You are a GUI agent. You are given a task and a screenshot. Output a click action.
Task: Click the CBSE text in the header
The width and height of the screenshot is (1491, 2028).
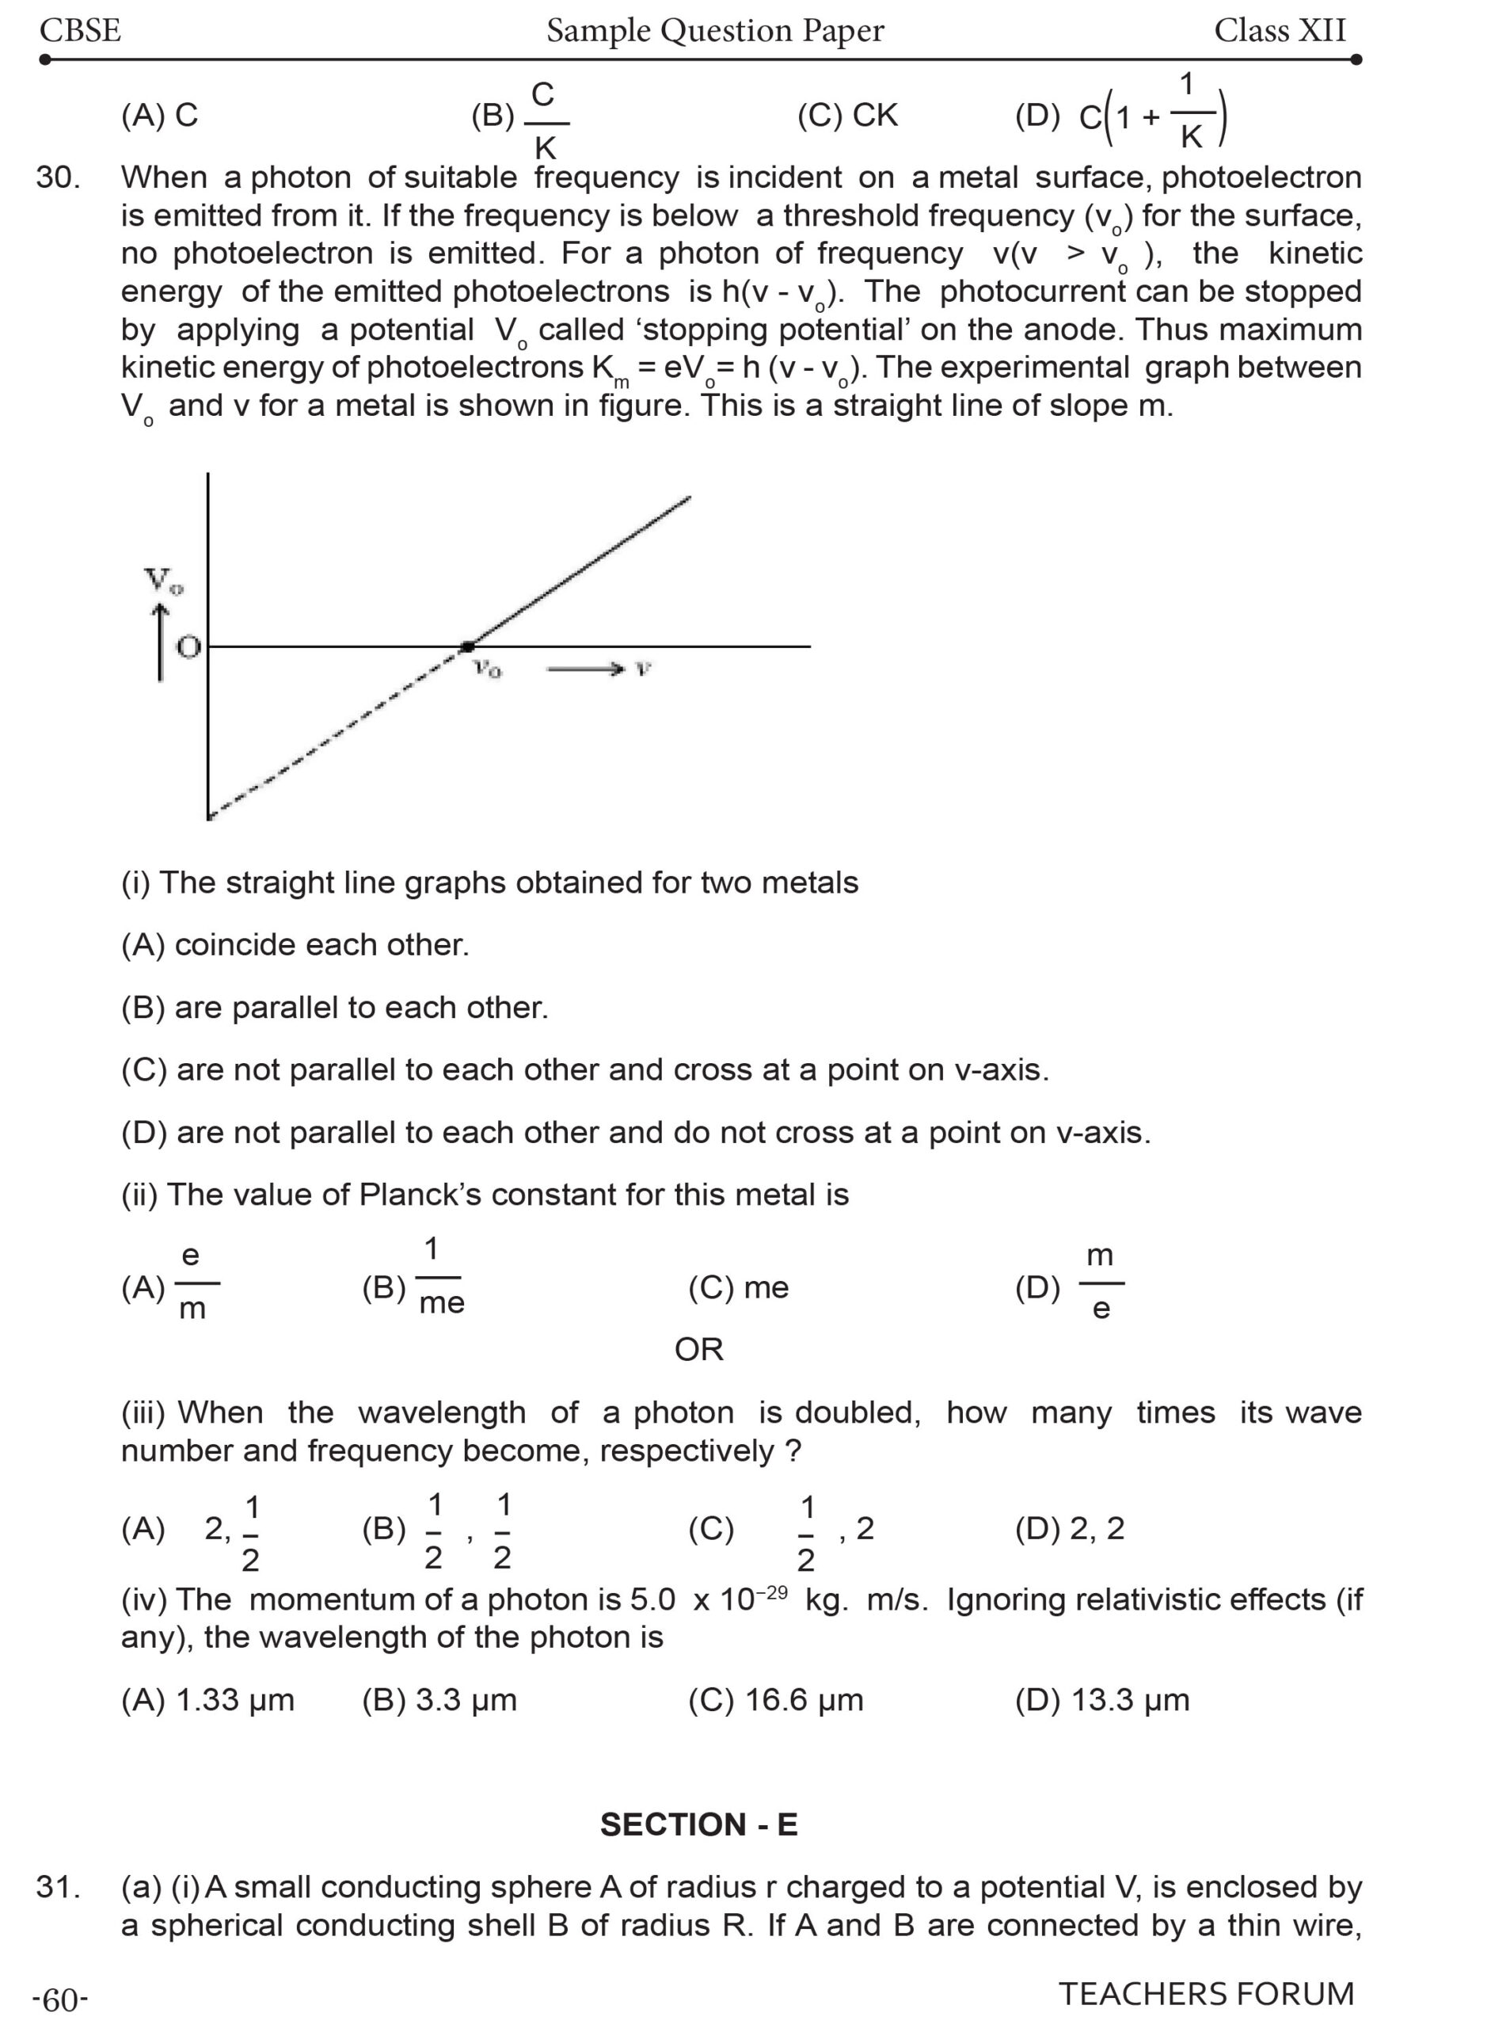pos(79,31)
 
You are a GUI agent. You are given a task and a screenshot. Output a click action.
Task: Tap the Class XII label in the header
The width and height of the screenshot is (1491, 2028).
pos(1279,31)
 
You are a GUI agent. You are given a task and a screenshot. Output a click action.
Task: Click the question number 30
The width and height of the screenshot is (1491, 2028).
pos(58,177)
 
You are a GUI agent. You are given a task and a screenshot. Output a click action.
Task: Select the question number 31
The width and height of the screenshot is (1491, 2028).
pos(58,1887)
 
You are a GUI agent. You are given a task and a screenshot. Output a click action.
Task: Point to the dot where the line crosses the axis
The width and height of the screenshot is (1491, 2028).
pos(467,646)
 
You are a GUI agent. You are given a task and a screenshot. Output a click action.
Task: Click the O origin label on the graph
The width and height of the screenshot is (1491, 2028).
pos(188,647)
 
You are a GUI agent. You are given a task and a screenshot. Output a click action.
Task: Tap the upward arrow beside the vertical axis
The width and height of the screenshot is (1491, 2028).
pos(161,641)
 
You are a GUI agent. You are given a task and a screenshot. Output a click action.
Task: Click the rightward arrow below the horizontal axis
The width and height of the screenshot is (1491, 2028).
pos(585,669)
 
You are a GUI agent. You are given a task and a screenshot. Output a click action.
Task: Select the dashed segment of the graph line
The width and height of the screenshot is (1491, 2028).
pos(334,734)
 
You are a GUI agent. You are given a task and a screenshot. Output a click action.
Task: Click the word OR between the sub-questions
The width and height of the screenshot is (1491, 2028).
pos(698,1350)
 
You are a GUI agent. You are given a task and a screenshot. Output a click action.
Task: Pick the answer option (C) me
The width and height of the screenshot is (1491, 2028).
pos(738,1287)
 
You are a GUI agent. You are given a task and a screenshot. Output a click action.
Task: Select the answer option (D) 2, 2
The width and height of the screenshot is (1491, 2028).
pos(1070,1529)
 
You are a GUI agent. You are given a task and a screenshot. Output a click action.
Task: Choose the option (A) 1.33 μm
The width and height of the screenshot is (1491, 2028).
pos(207,1700)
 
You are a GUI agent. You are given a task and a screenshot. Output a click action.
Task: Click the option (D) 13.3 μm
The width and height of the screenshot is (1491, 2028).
pos(1102,1700)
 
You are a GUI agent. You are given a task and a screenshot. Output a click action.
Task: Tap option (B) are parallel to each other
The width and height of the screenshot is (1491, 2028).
pos(335,1008)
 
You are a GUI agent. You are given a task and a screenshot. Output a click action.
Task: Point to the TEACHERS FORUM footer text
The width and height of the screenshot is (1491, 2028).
pos(1206,1994)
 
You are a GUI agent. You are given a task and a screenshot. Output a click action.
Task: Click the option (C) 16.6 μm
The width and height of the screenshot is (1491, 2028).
pos(775,1700)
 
